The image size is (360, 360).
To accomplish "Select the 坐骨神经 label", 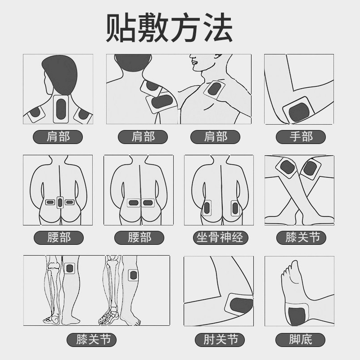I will [x=220, y=237].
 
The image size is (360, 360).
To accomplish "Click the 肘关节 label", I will [x=220, y=339].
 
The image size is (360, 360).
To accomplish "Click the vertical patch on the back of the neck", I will [x=60, y=109].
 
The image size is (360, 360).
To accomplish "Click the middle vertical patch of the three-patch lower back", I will [x=59, y=203].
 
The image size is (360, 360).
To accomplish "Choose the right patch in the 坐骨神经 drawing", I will [x=234, y=208].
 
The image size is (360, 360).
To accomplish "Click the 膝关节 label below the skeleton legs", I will [x=91, y=339].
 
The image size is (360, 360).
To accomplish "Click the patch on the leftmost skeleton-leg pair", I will [x=70, y=269].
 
